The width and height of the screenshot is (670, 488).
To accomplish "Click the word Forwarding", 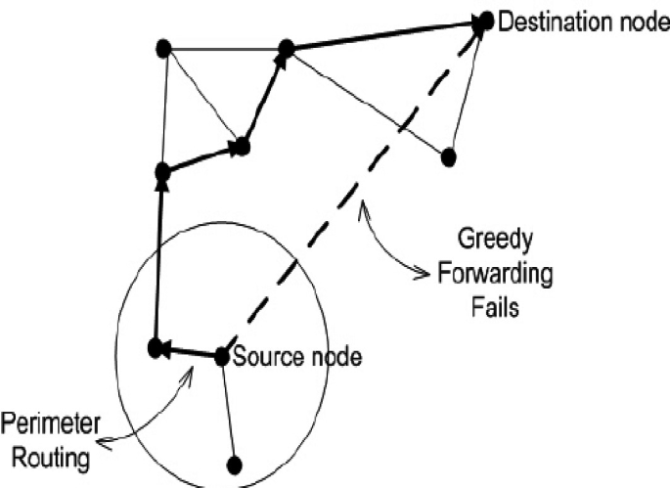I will coord(494,272).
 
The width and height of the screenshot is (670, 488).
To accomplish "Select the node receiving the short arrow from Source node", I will coord(154,346).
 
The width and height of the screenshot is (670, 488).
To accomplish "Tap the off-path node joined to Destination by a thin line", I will coord(449,155).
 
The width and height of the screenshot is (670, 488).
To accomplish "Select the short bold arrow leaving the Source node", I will coord(191,350).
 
